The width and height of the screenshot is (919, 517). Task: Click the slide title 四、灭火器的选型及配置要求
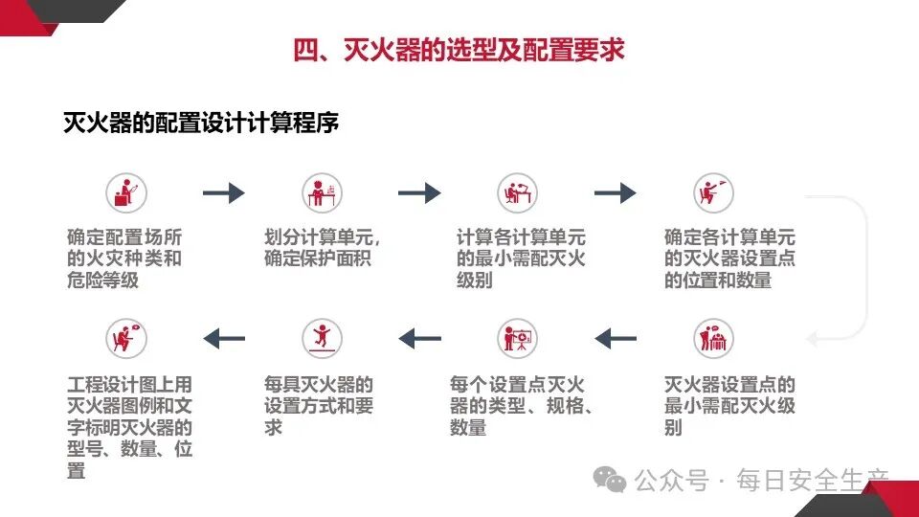point(459,50)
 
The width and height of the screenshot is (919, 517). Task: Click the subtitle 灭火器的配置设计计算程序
point(200,124)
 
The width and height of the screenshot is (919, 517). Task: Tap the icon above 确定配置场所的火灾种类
point(125,193)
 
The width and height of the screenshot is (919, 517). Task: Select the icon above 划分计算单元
point(322,193)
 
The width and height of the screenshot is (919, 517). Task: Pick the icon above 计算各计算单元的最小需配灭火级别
point(518,193)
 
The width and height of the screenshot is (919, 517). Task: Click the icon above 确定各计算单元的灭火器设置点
point(713,193)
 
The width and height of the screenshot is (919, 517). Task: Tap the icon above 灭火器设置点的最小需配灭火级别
point(713,338)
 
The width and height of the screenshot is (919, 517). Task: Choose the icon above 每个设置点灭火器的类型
point(518,338)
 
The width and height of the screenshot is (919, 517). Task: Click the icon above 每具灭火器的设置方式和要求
point(322,338)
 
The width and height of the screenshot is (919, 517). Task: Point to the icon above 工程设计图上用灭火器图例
point(125,338)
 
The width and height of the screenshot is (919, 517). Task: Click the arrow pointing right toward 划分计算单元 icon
point(224,193)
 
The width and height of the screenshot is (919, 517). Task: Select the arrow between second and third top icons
point(419,193)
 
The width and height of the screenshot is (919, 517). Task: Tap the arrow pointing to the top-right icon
point(615,193)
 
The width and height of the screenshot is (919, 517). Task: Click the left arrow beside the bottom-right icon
point(616,338)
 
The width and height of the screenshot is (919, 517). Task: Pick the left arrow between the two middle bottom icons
point(419,338)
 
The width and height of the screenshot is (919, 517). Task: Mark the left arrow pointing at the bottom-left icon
point(224,338)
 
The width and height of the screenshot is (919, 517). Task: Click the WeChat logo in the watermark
point(609,479)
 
